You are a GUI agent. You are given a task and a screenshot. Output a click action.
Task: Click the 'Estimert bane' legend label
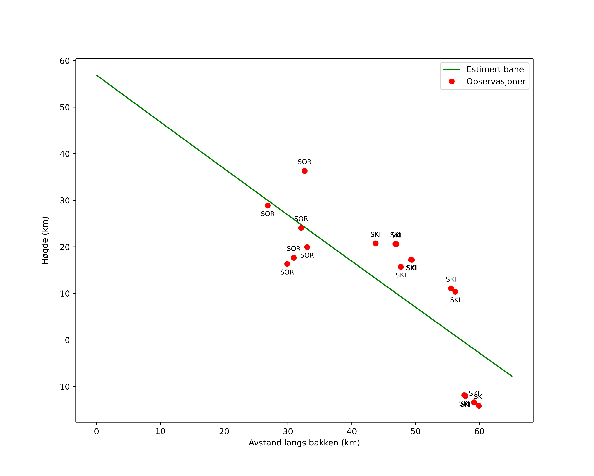[x=495, y=69]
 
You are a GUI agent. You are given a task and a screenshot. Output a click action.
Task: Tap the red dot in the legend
[x=452, y=81]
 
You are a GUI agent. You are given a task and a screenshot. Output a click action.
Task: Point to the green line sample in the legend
[x=452, y=69]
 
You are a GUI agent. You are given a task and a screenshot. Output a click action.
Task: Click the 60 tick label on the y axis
[x=65, y=61]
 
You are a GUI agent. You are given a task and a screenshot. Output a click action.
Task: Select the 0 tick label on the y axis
[x=67, y=340]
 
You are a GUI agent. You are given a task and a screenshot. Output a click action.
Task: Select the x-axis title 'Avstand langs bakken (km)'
[x=304, y=443]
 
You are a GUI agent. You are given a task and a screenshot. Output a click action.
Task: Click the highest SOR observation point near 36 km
[x=304, y=171]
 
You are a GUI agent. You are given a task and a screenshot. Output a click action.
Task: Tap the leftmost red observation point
[x=268, y=205]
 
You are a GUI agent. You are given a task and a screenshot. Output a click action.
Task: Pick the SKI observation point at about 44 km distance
[x=376, y=243]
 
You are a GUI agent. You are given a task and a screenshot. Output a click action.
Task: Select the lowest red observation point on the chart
[x=479, y=406]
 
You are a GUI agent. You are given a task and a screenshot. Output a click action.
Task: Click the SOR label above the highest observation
[x=304, y=162]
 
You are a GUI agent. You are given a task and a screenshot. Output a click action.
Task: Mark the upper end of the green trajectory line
[x=97, y=75]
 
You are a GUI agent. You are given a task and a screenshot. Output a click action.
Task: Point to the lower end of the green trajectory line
[x=512, y=376]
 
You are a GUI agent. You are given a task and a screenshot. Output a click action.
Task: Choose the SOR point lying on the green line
[x=301, y=228]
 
